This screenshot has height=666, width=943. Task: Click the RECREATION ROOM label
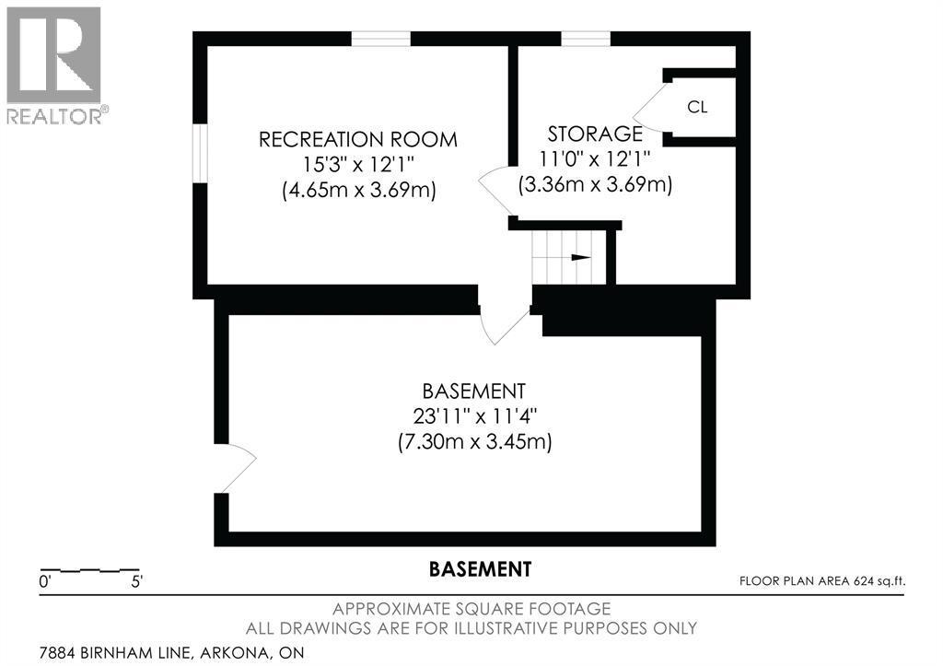click(x=358, y=140)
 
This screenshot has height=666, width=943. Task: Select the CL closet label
click(x=697, y=107)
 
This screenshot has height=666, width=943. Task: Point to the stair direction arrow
click(x=580, y=258)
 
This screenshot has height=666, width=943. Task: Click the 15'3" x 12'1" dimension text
click(x=358, y=166)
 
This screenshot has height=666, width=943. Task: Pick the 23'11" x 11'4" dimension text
click(x=474, y=415)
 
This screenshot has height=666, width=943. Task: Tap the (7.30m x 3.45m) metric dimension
click(x=474, y=442)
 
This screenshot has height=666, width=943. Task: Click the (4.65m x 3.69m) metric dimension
click(x=358, y=192)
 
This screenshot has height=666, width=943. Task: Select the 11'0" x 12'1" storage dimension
click(x=595, y=158)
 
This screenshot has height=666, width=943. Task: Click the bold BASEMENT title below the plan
click(x=480, y=569)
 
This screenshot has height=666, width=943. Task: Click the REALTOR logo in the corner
click(x=56, y=65)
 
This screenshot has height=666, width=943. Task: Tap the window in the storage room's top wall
click(x=586, y=39)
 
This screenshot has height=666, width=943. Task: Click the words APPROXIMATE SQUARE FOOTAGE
click(x=471, y=609)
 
